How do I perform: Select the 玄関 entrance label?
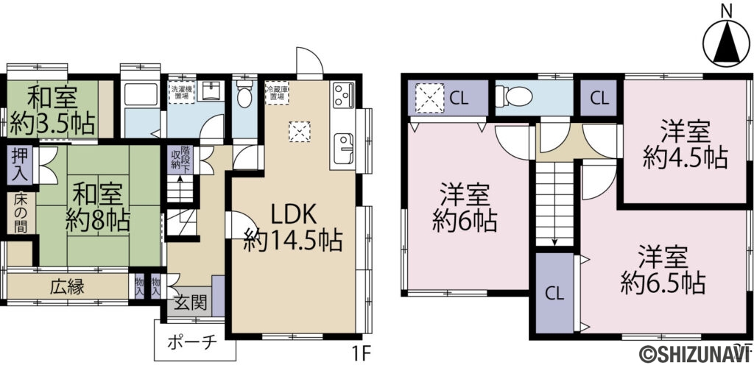tap(189, 302)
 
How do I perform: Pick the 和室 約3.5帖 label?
tap(52, 110)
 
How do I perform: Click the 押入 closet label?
tap(18, 166)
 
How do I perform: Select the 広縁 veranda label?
tap(65, 286)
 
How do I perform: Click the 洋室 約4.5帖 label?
tap(685, 144)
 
